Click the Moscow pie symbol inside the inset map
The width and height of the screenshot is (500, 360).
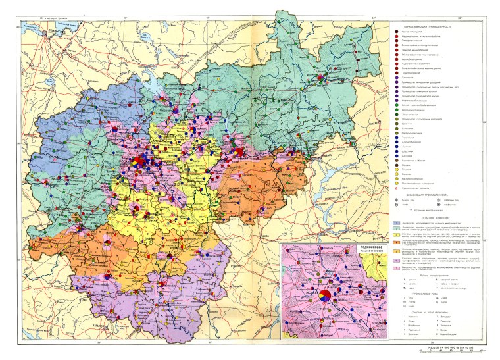click(324, 297)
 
